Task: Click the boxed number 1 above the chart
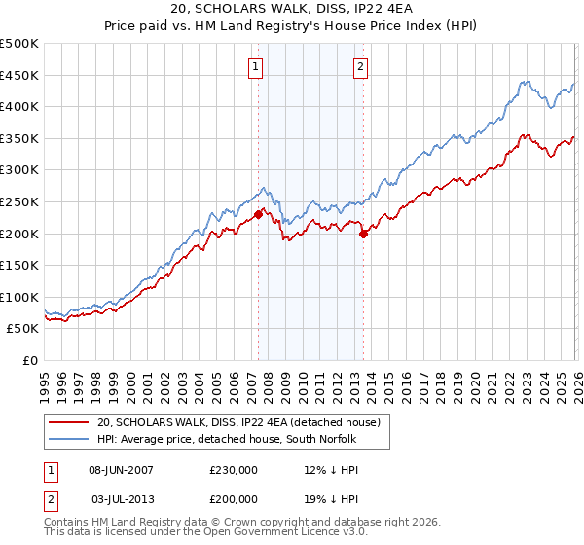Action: tap(255, 67)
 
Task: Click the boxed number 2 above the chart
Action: tap(360, 67)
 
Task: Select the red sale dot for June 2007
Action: tap(258, 214)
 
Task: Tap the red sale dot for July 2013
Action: tap(363, 234)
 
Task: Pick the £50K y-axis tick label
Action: tap(23, 329)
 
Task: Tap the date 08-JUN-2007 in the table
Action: tap(122, 469)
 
